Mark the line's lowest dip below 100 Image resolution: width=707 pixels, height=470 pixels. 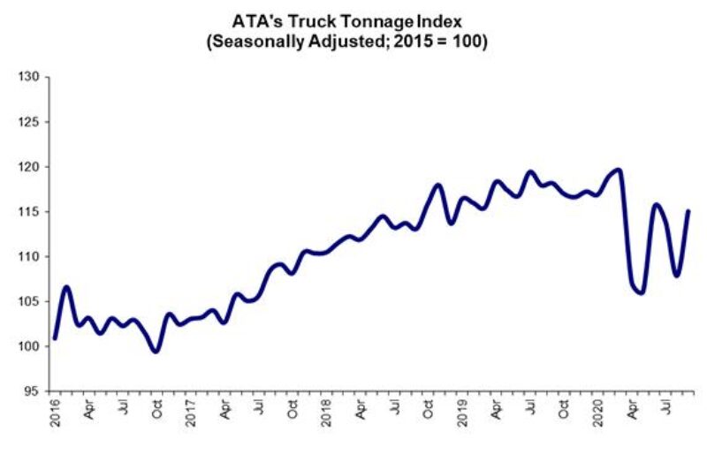(x=156, y=352)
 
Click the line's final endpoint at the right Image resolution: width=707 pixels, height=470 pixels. (x=689, y=211)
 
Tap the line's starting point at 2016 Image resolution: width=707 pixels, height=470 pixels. (x=55, y=338)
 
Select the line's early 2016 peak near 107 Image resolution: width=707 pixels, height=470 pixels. (x=67, y=287)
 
